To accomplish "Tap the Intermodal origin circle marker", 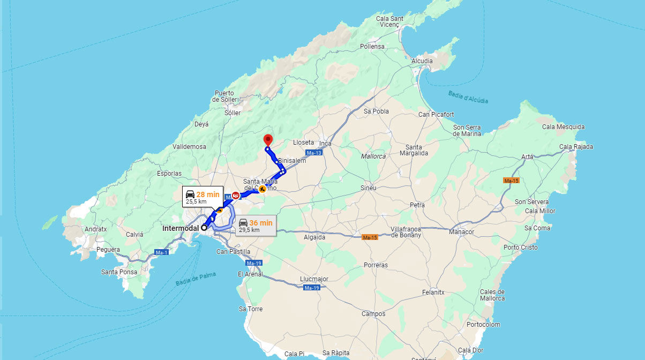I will tap(204, 228).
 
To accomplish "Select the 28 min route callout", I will tap(202, 197).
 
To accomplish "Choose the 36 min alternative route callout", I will tap(256, 226).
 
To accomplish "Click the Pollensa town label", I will tap(372, 47).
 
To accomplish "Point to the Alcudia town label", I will tap(422, 61).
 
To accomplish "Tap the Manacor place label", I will tap(461, 232).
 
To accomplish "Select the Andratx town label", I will tap(95, 229).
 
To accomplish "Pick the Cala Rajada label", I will tap(576, 147).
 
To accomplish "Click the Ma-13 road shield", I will tap(315, 153).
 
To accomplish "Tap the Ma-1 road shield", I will tap(161, 252).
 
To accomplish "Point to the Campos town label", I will tap(373, 314).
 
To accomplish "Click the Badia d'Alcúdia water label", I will tap(468, 97).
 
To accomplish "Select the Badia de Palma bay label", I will tap(196, 279).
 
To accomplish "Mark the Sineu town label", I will tap(368, 188).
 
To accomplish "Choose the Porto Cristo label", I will tap(520, 247).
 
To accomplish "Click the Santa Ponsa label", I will tap(119, 272).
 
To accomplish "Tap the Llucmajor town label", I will tap(314, 279).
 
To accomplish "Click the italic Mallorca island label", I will tap(373, 156).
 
